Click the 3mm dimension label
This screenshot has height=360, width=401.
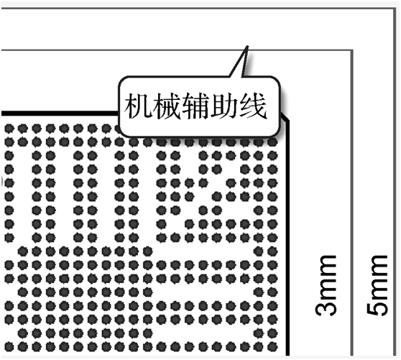pyautogui.click(x=326, y=285)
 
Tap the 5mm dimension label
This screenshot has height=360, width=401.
pyautogui.click(x=377, y=285)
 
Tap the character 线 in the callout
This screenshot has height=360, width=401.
pyautogui.click(x=253, y=106)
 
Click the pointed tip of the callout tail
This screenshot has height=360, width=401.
pyautogui.click(x=247, y=46)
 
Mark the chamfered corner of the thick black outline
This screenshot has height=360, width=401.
pyautogui.click(x=285, y=116)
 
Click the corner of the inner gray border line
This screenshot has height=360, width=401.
pyautogui.click(x=352, y=50)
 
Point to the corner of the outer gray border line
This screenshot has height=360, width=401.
pyautogui.click(x=395, y=9)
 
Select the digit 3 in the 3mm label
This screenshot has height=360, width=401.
pyautogui.click(x=326, y=309)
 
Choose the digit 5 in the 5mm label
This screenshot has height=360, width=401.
pyautogui.click(x=377, y=308)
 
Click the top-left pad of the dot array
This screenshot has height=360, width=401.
pyautogui.click(x=9, y=129)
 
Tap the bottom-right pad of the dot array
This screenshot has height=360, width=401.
pyautogui.click(x=272, y=346)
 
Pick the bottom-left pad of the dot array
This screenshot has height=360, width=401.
pyautogui.click(x=9, y=346)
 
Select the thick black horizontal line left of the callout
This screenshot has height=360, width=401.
pyautogui.click(x=60, y=114)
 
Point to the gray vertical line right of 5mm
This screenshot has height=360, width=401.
pyautogui.click(x=395, y=183)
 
